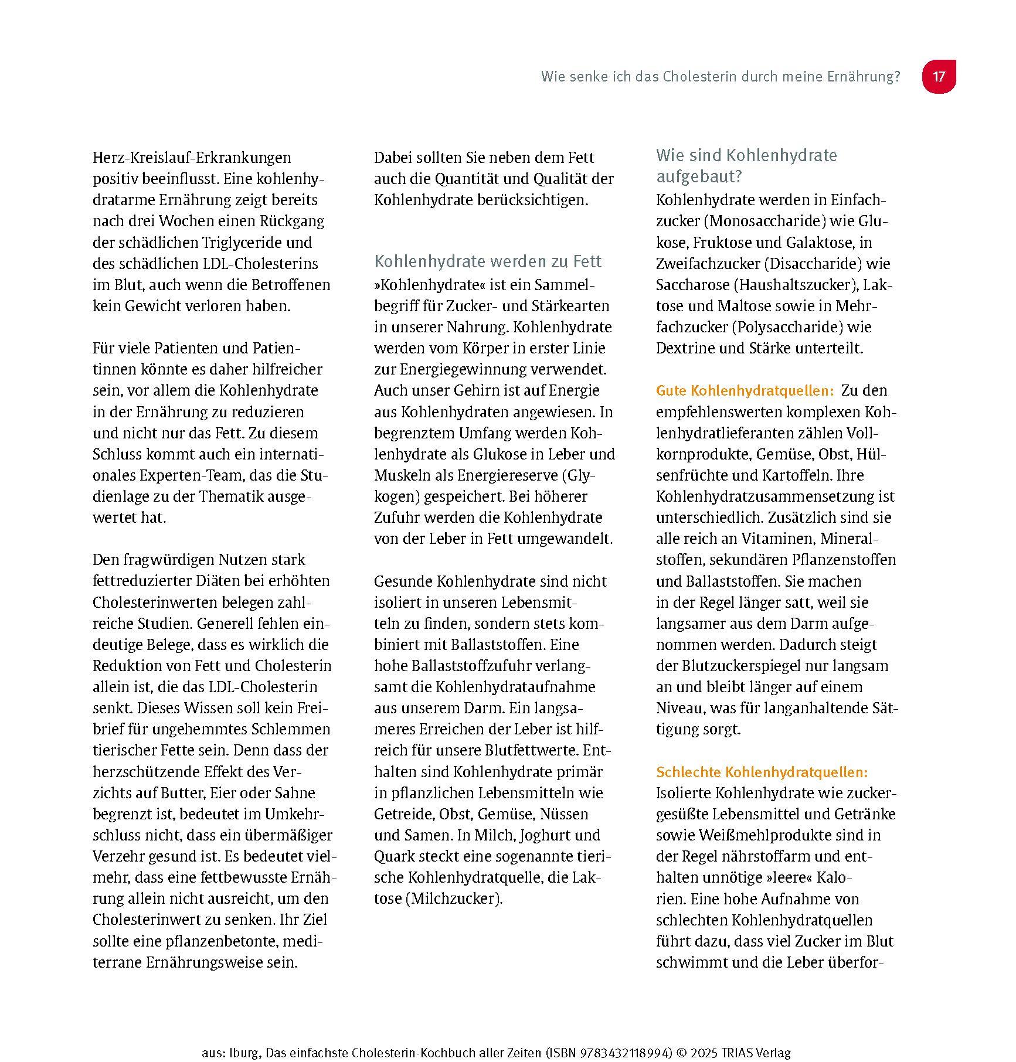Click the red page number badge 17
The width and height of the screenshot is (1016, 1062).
pos(939,77)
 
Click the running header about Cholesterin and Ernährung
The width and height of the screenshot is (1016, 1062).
pos(720,77)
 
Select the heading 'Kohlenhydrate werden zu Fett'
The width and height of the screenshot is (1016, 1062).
pos(488,261)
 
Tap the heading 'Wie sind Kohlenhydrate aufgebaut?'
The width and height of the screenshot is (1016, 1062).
pos(746,165)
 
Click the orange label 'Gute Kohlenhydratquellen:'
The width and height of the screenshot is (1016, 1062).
pos(745,391)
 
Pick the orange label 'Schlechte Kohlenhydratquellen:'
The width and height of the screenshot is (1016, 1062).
pos(762,772)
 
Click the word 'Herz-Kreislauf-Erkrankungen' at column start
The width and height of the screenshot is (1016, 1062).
pos(192,158)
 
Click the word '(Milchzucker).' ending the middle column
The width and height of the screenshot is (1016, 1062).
pos(454,899)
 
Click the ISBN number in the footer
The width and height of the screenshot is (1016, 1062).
pos(626,1053)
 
